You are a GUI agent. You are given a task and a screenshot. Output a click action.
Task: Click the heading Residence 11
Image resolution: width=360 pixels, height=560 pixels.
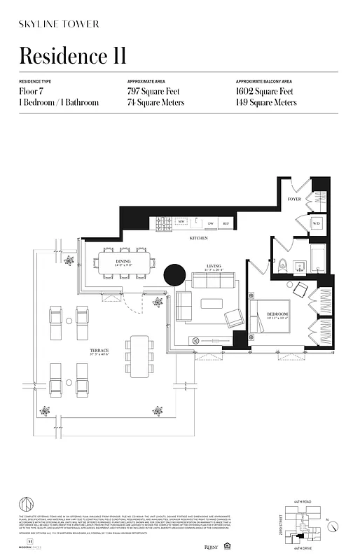pyautogui.click(x=72, y=55)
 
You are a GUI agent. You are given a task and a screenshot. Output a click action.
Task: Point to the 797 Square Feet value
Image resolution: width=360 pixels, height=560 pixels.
pyautogui.click(x=155, y=92)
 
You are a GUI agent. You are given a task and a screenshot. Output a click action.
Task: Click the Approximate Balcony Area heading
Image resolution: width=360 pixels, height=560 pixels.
pyautogui.click(x=265, y=81)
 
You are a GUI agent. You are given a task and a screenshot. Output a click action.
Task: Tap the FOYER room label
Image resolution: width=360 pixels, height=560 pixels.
pyautogui.click(x=295, y=199)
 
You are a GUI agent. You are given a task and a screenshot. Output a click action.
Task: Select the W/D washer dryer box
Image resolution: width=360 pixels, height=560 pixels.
pyautogui.click(x=315, y=223)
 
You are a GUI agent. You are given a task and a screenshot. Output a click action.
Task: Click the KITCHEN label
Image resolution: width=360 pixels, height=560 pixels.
pyautogui.click(x=199, y=239)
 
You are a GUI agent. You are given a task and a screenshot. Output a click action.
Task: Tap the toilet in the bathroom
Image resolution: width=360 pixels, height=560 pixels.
pyautogui.click(x=283, y=265)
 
